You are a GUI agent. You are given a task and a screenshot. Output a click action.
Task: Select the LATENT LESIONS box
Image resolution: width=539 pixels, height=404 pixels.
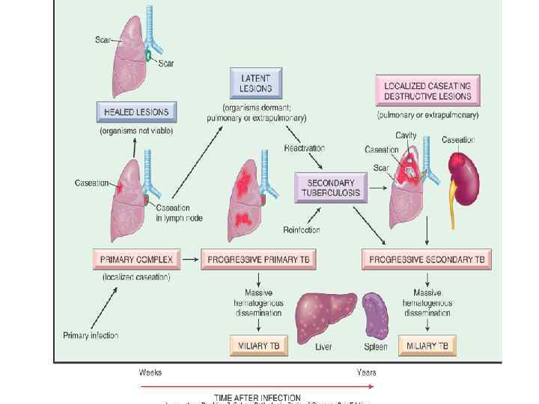click(x=255, y=82)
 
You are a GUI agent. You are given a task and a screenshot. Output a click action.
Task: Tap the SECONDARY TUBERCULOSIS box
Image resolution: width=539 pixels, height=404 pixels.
click(x=330, y=187)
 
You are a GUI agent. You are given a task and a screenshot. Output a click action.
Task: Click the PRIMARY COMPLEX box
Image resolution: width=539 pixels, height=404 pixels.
click(x=136, y=260)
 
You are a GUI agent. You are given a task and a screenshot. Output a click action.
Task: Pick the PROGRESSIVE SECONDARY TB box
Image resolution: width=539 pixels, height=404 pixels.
click(x=427, y=260)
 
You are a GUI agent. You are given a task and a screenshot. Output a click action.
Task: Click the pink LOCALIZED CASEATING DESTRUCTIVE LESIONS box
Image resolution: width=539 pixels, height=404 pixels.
click(x=427, y=91)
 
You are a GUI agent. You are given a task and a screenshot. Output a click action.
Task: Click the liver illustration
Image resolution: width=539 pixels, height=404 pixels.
click(x=323, y=313)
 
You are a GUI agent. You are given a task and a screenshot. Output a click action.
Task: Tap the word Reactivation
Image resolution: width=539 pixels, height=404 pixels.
click(x=304, y=148)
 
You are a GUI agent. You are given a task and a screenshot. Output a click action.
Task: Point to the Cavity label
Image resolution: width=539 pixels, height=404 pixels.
click(x=406, y=135)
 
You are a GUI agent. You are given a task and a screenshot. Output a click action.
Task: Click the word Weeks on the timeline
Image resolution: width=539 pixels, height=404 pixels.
click(x=151, y=372)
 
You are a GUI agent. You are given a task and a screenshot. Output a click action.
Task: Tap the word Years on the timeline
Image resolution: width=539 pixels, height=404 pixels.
click(x=366, y=372)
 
